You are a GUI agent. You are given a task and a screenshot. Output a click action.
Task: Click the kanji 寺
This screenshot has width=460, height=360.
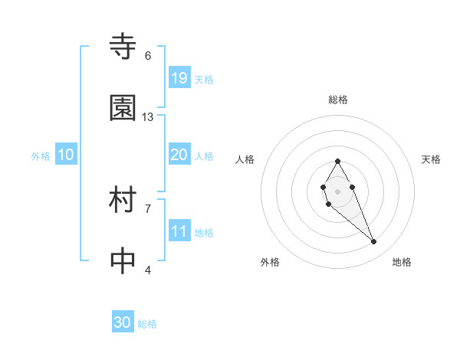[123, 47]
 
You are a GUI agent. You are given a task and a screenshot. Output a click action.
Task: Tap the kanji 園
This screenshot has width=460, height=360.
[123, 108]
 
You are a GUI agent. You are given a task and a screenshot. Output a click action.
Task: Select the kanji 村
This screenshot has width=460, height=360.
[123, 201]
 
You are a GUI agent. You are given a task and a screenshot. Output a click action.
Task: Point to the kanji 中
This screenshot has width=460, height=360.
[123, 261]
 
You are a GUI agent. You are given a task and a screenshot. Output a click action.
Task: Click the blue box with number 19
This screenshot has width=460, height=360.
[179, 78]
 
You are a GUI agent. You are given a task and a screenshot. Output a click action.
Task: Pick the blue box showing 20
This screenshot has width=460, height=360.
[179, 155]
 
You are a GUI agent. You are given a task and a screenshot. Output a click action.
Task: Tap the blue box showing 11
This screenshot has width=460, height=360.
[179, 231]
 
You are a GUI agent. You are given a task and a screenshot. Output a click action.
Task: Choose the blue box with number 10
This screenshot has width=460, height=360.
[66, 155]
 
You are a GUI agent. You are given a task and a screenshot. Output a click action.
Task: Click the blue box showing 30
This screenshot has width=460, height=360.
[123, 322]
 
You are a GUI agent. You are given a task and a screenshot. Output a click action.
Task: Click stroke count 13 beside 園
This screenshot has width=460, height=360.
[148, 117]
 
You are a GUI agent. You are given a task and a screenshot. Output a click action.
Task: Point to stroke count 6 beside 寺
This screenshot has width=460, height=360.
[148, 56]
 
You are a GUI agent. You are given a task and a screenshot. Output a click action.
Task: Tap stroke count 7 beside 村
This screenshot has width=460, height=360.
[148, 208]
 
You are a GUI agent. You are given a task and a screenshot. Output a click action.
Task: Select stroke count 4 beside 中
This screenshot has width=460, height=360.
[148, 270]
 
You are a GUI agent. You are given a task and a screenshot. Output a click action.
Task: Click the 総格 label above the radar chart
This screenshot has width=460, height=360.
[337, 100]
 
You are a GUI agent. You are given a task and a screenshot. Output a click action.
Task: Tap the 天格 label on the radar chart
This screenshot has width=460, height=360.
[431, 159]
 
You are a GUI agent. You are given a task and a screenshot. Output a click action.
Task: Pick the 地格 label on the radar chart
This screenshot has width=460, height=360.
[402, 262]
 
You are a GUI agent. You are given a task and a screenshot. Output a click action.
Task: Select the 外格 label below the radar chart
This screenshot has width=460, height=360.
[270, 262]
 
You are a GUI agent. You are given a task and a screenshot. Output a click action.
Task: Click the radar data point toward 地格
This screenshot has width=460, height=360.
[373, 242]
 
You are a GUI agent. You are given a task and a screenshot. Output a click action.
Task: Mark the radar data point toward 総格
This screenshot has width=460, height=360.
[337, 161]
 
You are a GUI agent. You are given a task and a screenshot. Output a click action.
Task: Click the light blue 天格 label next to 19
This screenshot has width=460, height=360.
[204, 79]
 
